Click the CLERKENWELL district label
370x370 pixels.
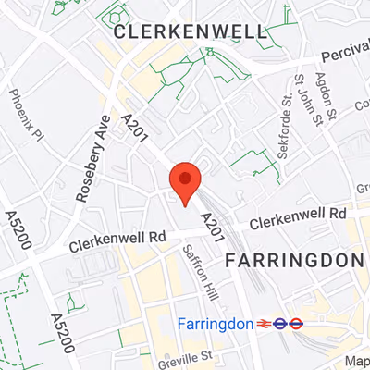tap(190, 32)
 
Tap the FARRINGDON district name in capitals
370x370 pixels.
tap(294, 260)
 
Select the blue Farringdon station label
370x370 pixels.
tap(215, 324)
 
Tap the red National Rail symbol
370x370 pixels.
tap(276, 324)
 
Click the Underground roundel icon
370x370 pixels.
tap(296, 324)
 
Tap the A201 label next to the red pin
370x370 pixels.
tap(214, 226)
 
